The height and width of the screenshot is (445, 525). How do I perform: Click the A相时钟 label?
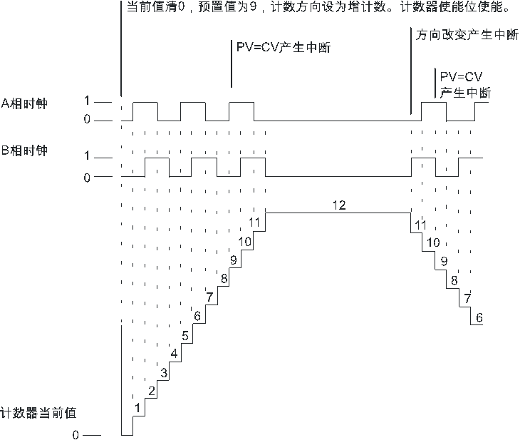(x=24, y=103)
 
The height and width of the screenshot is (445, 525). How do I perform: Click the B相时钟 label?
(x=24, y=150)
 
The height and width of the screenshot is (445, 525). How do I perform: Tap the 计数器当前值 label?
(x=38, y=412)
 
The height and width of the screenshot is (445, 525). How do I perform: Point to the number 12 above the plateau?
(x=339, y=205)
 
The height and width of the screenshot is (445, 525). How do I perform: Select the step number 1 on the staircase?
(x=137, y=408)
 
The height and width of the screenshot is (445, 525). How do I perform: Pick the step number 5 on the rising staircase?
(x=185, y=335)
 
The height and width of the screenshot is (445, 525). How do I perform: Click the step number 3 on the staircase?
(x=164, y=373)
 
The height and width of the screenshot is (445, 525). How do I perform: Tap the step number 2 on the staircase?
(x=152, y=391)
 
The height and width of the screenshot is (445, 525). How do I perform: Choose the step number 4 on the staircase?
(x=174, y=354)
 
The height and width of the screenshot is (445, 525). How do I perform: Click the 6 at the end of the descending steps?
(x=479, y=317)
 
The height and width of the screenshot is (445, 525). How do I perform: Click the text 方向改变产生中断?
(x=467, y=34)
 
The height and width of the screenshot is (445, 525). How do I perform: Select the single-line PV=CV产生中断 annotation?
(x=284, y=47)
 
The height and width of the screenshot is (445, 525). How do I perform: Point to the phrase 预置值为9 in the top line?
(x=227, y=7)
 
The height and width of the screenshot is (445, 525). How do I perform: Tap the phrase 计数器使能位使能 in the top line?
(x=454, y=7)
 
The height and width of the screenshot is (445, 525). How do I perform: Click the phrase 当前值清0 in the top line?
(x=156, y=7)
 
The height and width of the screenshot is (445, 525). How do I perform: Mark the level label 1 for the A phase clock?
(x=87, y=101)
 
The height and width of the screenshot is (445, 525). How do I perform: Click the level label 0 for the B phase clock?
(x=87, y=178)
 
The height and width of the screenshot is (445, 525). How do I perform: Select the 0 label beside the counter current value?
(x=76, y=435)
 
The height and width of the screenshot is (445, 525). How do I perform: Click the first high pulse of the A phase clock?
(x=145, y=102)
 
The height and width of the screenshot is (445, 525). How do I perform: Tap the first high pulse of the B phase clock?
(x=157, y=158)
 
